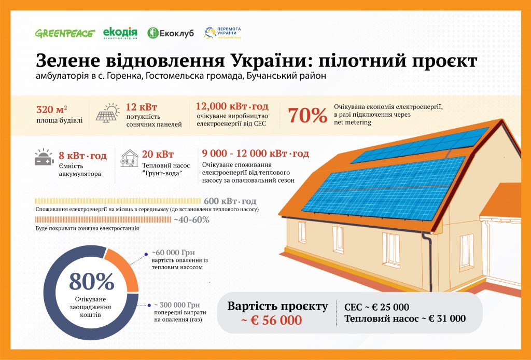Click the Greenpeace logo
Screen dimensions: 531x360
[x=65, y=33]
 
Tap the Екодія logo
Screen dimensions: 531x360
[x=120, y=33]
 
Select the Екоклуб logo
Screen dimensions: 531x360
[x=170, y=33]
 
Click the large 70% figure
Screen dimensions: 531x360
[x=308, y=116]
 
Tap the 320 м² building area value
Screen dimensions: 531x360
[x=52, y=109]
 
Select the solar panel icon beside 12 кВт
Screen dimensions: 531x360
[x=108, y=113]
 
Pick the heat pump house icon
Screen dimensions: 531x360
[x=129, y=158]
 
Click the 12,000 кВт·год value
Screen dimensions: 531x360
[x=232, y=106]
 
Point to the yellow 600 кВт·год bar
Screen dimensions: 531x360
[x=118, y=201]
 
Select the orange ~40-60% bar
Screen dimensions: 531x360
[x=103, y=219]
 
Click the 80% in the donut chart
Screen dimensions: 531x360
[x=91, y=282]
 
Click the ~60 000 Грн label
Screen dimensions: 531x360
[x=173, y=253]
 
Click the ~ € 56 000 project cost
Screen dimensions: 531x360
[x=272, y=321]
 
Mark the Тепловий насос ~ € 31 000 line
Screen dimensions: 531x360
[x=405, y=319]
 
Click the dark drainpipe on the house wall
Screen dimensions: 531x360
[x=429, y=261]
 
